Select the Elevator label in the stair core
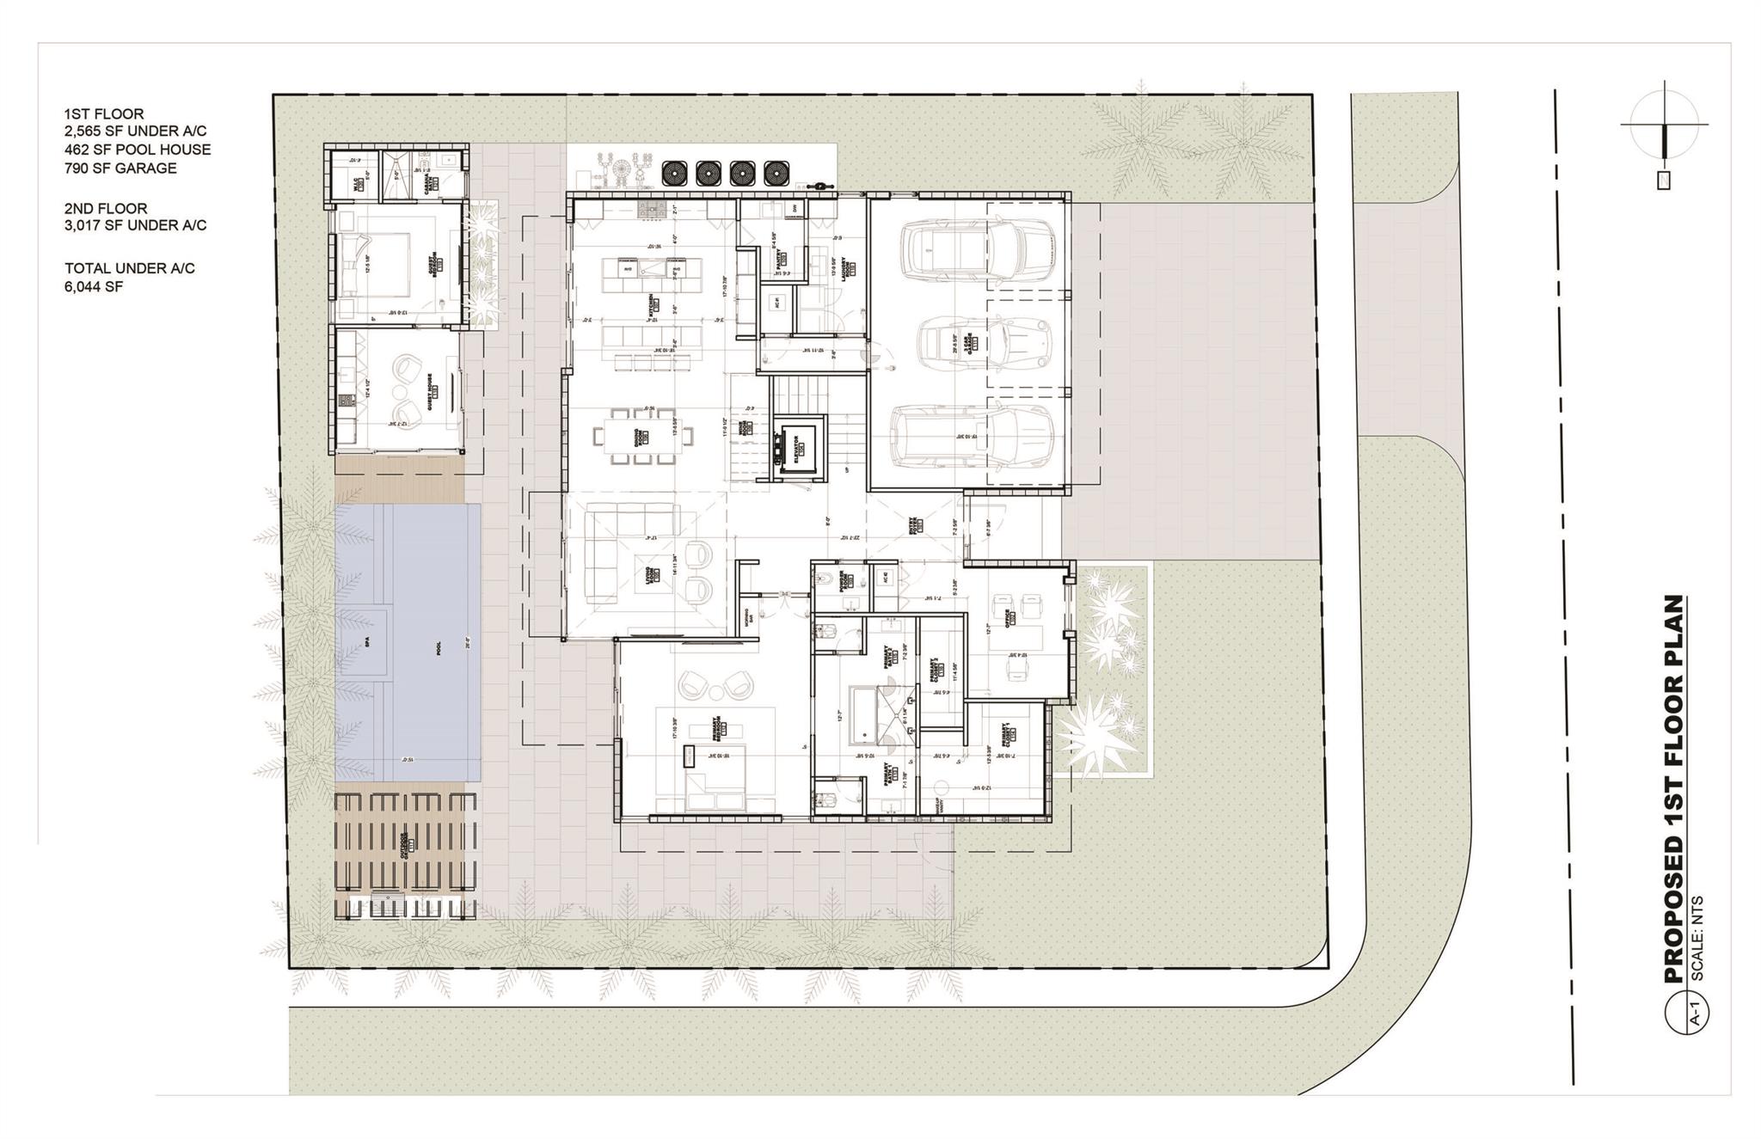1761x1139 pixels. click(797, 445)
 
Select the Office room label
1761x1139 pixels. click(1008, 617)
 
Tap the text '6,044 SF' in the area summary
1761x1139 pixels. click(94, 286)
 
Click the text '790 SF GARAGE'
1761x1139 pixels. click(120, 168)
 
